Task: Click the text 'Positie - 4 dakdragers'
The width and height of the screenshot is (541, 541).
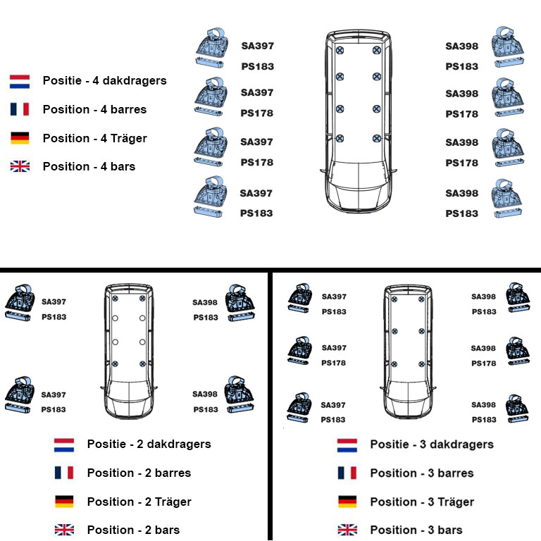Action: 104,81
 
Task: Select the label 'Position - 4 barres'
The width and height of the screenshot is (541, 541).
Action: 94,109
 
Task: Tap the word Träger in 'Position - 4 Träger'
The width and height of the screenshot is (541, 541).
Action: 129,138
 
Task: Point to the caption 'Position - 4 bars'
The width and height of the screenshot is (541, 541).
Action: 89,166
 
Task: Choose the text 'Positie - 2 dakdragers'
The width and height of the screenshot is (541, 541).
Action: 149,444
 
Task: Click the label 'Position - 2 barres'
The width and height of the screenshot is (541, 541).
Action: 139,473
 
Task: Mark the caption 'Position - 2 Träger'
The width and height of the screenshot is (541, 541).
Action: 139,502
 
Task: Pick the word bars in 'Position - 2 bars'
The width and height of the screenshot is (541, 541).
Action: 168,530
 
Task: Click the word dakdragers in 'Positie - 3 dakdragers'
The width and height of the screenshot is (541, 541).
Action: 461,444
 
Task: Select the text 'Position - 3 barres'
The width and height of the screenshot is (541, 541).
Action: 422,473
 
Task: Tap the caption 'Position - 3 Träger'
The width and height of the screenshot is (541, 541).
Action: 423,502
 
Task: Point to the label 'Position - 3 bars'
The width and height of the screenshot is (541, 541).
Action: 416,530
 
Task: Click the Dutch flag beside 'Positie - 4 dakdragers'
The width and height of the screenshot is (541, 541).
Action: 20,82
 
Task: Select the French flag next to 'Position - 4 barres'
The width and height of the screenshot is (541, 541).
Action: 20,109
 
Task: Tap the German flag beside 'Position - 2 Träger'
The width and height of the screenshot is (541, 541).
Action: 64,502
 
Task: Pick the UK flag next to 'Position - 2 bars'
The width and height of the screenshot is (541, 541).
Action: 64,530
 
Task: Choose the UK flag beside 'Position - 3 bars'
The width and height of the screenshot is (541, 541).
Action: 347,530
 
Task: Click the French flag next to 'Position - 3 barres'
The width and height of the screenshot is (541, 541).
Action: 347,473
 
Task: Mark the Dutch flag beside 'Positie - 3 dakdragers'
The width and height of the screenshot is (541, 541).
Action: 347,445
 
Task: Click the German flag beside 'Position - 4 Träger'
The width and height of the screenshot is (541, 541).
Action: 20,137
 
